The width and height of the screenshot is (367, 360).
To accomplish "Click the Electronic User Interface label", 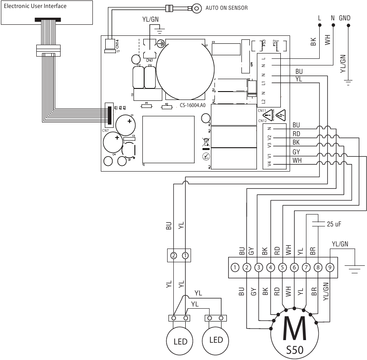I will [x=35, y=6].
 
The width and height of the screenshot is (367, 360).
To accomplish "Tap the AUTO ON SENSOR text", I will [x=227, y=8].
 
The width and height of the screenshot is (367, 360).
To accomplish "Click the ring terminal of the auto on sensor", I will [x=196, y=8].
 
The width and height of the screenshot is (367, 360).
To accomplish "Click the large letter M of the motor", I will [x=294, y=330].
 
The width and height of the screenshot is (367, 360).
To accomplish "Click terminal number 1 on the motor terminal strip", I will [x=235, y=267].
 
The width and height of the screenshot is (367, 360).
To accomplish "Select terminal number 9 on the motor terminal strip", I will [x=330, y=267].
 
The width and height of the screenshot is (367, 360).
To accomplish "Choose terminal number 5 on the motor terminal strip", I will [x=283, y=267].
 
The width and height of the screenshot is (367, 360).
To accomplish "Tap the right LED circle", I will [x=216, y=340].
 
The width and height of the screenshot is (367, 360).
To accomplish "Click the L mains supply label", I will [x=320, y=18].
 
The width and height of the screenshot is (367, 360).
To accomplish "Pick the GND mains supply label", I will [x=345, y=18].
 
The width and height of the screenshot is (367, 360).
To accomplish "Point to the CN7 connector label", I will [x=105, y=130].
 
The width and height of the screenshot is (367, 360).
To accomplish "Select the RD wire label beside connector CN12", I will [x=296, y=134].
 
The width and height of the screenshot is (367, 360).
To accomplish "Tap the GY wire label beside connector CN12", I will [x=296, y=152].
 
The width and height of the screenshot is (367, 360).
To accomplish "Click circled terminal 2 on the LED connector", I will [x=174, y=255].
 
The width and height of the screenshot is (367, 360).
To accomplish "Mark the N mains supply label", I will [x=333, y=18].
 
